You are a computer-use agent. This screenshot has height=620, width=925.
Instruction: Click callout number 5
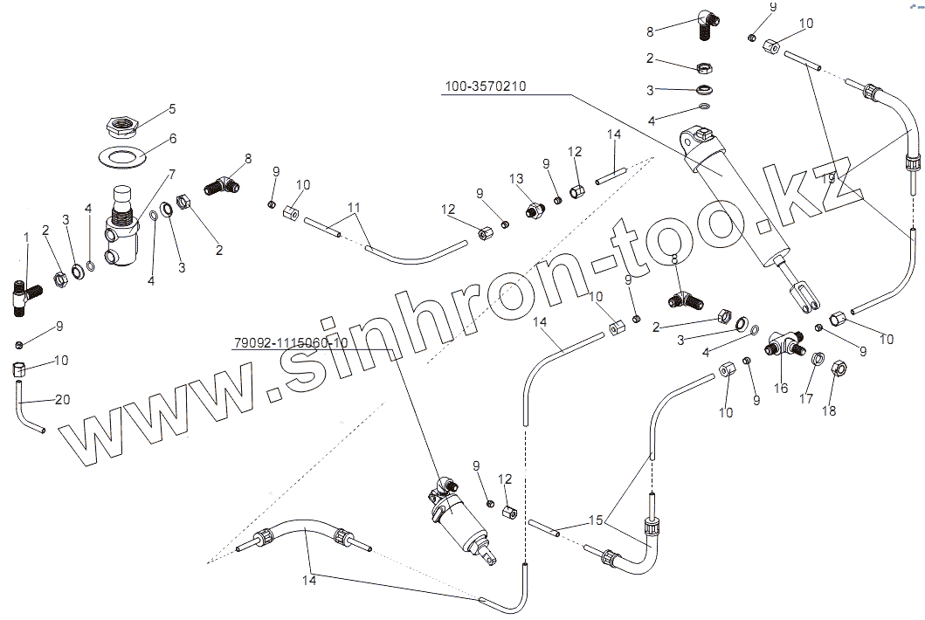pos(172,108)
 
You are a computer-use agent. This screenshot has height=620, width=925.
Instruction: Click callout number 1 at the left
pos(26,237)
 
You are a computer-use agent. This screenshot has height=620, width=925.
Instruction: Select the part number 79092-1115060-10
pos(290,342)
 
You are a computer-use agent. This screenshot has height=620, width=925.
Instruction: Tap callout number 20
pos(61,399)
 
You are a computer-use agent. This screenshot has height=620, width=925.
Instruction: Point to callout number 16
pos(781,388)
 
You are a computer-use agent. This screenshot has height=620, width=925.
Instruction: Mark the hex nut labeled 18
pos(836,368)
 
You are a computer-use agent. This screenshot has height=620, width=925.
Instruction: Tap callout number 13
pos(516,178)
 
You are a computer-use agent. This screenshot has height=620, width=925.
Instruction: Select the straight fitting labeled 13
pos(532,211)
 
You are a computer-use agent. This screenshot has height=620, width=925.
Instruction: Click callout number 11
pos(354,207)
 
